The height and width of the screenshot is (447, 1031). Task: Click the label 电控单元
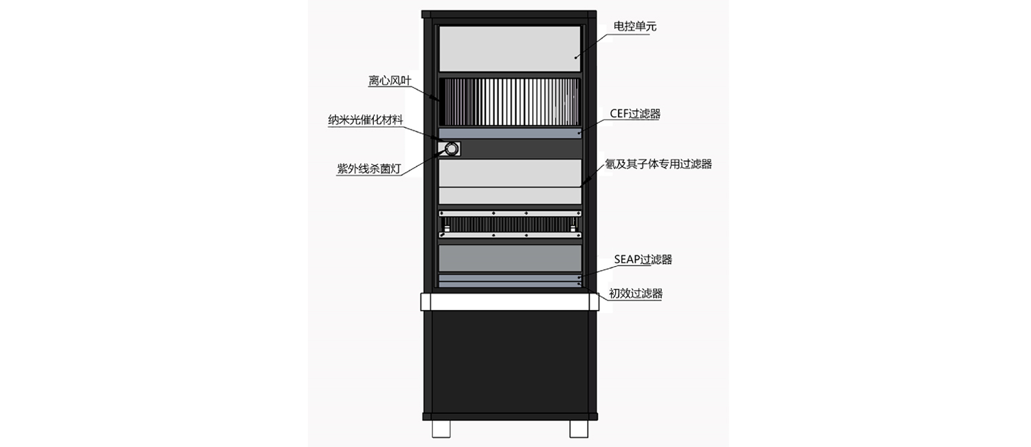coord(634,26)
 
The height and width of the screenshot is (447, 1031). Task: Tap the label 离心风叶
coord(390,80)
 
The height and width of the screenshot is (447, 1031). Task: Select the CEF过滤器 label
coord(635,113)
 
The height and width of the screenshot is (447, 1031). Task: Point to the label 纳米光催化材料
coord(366,120)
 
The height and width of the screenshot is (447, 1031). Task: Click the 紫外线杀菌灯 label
coord(369,169)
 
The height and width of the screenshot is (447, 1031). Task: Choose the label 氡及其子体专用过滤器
coord(658,164)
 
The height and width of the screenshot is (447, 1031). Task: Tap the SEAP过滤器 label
coord(643,260)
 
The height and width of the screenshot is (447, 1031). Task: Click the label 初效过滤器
coord(636,293)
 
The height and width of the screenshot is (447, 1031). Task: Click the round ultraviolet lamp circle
coord(452,149)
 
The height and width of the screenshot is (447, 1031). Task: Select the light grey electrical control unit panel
coord(509,49)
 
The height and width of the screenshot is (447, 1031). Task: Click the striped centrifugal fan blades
coord(509,102)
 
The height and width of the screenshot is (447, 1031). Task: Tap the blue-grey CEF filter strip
coord(510,133)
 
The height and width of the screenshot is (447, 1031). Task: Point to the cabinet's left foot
coord(441,428)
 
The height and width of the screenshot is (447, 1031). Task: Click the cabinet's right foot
coord(579,428)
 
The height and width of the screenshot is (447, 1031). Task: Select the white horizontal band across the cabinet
coord(510,302)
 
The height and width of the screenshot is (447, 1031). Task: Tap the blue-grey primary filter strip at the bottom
coord(510,285)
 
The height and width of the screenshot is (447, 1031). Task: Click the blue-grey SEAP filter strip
coord(510,278)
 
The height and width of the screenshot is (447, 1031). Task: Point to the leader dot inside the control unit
coord(575,58)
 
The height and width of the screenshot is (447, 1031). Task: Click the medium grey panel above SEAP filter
coord(510,259)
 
